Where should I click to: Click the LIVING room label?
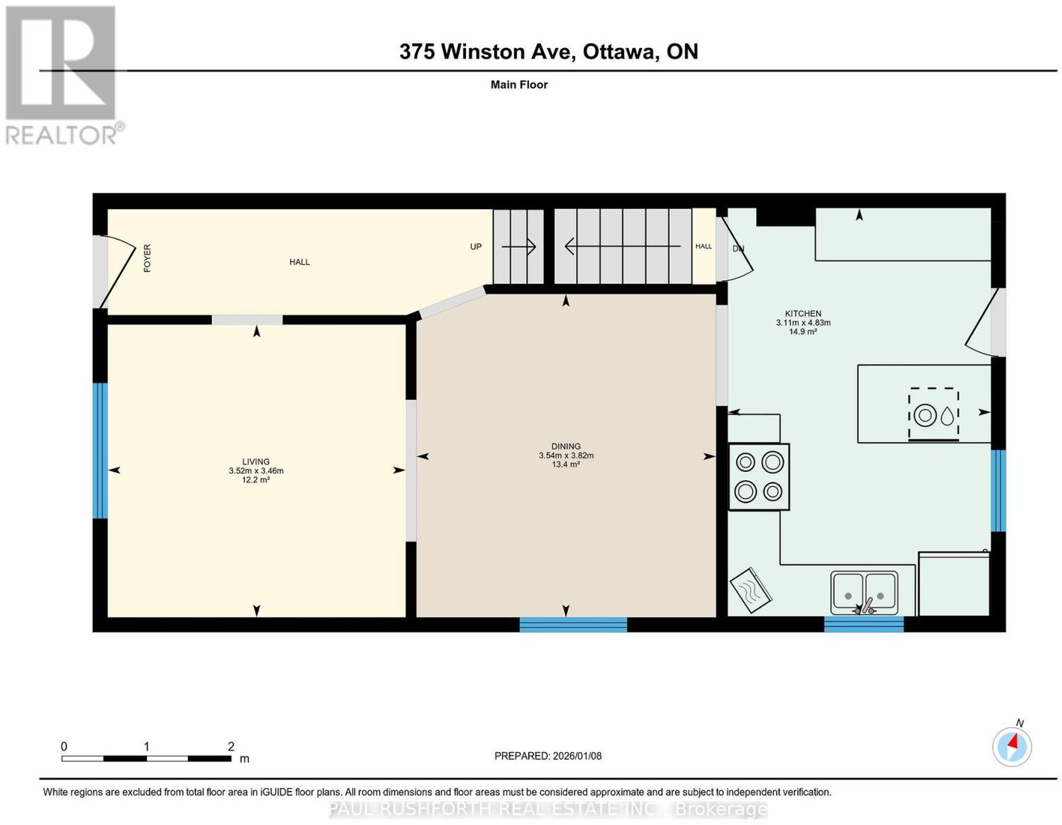[x=256, y=461]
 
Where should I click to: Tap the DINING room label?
[x=566, y=446]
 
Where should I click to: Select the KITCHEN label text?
[x=803, y=313]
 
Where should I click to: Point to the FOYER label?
[x=147, y=258]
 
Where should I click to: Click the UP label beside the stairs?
[x=475, y=247]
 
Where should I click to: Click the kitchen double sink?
[x=864, y=593]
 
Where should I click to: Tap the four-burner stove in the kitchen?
[x=759, y=477]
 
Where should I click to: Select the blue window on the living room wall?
[x=100, y=451]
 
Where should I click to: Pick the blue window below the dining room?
[x=573, y=625]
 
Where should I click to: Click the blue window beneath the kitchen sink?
[x=864, y=625]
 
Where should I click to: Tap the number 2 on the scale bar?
[x=231, y=746]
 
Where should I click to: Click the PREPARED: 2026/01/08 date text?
[x=548, y=755]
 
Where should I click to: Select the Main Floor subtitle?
[x=519, y=84]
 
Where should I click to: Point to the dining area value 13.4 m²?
[x=566, y=464]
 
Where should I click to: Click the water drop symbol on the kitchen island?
[x=947, y=415]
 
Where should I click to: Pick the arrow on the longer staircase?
[x=623, y=246]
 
